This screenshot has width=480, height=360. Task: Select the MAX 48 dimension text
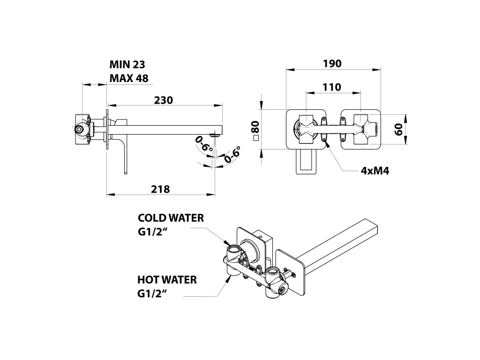129,78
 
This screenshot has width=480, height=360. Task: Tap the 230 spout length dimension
164,100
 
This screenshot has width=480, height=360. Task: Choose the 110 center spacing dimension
332,87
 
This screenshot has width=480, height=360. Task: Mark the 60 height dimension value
399,129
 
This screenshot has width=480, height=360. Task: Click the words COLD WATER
171,218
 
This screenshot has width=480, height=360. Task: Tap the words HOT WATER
167,280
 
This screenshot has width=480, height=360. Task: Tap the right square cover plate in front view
361,129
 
